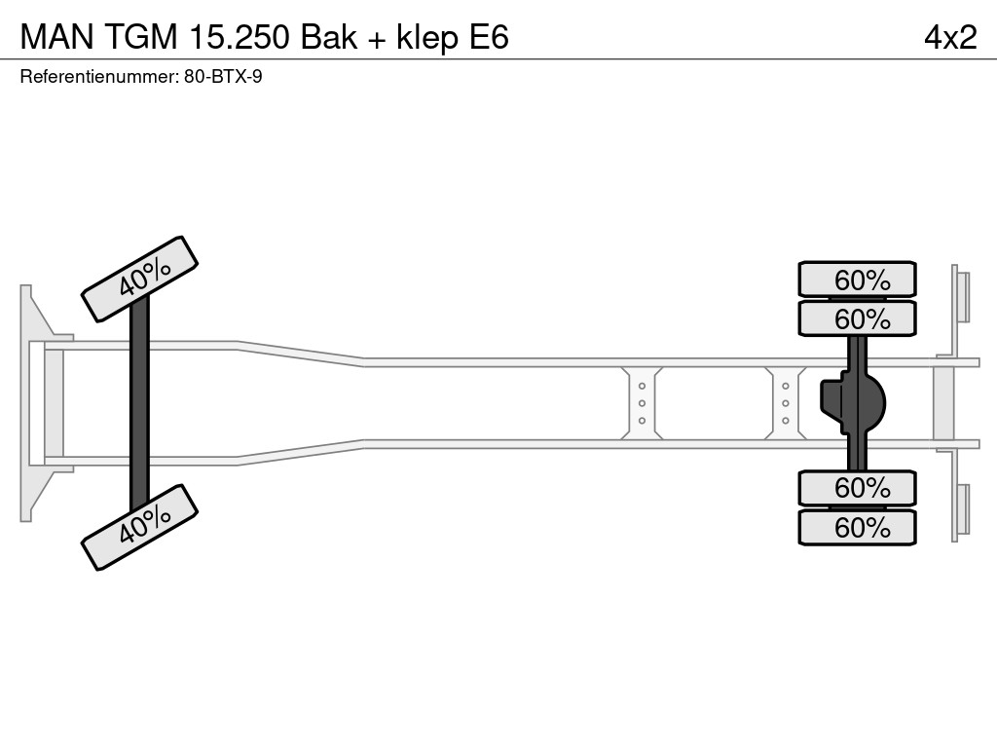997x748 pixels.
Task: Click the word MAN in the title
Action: coord(53,37)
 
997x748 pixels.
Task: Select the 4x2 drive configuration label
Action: coord(949,37)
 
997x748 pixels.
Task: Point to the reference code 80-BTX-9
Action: coord(223,77)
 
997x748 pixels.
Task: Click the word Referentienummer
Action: coord(98,77)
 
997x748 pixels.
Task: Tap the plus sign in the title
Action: coord(375,38)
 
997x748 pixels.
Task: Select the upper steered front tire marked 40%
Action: coord(140,279)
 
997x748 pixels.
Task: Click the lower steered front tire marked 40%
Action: coord(140,526)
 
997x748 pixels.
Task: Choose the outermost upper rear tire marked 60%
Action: coord(857,280)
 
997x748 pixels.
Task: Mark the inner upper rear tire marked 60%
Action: coord(857,318)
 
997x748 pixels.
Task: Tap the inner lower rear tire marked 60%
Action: coord(857,487)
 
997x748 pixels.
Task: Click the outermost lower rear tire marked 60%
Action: coord(857,528)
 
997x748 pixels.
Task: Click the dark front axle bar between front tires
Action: coord(140,403)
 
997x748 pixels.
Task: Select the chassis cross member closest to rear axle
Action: coord(785,403)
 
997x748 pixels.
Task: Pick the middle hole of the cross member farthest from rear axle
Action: coord(642,403)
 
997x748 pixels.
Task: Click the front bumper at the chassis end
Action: coord(34,403)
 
